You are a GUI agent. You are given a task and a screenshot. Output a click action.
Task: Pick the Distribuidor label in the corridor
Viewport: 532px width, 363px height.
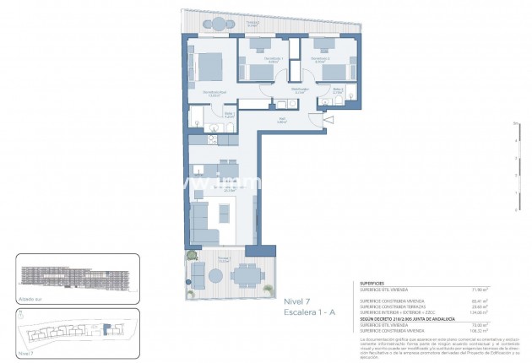298,89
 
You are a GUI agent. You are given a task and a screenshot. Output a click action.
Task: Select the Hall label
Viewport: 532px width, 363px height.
283,120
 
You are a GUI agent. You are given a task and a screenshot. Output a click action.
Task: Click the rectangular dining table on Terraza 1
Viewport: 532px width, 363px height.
246,273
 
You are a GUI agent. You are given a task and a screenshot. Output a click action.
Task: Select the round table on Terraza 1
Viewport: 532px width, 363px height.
200,272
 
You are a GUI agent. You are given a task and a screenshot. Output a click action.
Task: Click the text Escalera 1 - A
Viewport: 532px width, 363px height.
310,312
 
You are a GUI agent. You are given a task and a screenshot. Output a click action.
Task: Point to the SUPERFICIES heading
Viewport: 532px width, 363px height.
374,284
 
